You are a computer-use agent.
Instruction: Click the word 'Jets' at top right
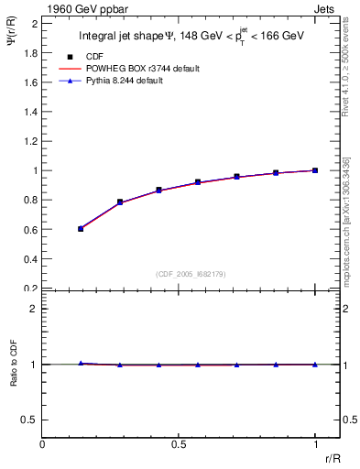coord(325,8)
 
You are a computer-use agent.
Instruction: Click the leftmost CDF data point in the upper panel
coord(81,228)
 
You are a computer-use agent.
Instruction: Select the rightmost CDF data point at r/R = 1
coord(315,170)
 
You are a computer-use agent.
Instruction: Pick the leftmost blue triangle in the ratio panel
coord(81,364)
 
